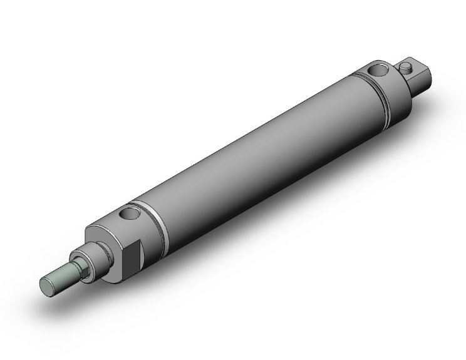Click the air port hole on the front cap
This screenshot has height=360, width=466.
click(x=130, y=215)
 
